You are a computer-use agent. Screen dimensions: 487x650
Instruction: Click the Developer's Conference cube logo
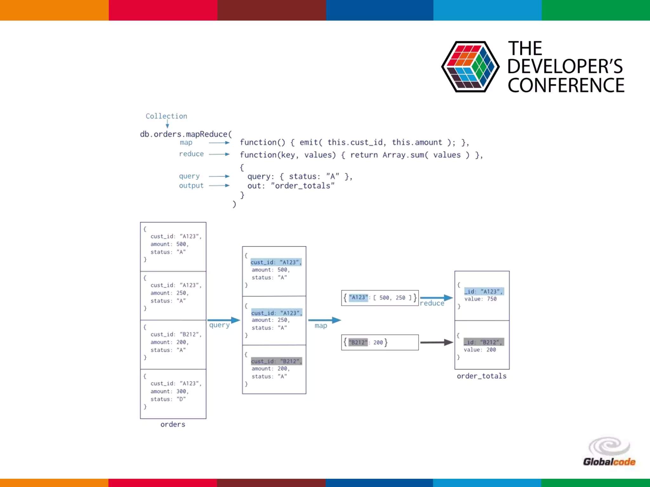click(470, 67)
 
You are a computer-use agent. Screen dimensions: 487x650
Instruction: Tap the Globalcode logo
click(609, 452)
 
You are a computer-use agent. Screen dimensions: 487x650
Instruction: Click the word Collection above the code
click(166, 116)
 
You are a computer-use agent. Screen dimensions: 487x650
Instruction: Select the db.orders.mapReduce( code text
click(186, 134)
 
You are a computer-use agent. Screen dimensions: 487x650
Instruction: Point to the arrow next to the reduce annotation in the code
click(219, 154)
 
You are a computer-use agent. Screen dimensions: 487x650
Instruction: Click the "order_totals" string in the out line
click(302, 186)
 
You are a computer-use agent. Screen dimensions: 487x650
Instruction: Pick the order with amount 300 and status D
click(173, 393)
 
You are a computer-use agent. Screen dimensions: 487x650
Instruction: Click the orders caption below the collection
click(173, 424)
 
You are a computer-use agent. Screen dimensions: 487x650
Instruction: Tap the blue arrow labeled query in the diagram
click(223, 320)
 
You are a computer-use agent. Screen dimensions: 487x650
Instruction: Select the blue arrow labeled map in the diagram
click(324, 320)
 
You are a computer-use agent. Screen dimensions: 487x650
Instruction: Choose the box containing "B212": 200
click(380, 342)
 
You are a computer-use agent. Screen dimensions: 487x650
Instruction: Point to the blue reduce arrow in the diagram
click(436, 298)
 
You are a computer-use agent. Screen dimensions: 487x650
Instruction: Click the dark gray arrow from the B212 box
click(436, 342)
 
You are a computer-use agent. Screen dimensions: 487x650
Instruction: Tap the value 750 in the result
click(492, 299)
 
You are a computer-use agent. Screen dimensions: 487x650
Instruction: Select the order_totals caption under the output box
click(481, 376)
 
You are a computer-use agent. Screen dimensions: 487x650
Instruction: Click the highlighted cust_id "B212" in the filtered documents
click(276, 361)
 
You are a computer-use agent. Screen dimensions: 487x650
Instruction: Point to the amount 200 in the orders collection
click(181, 342)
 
